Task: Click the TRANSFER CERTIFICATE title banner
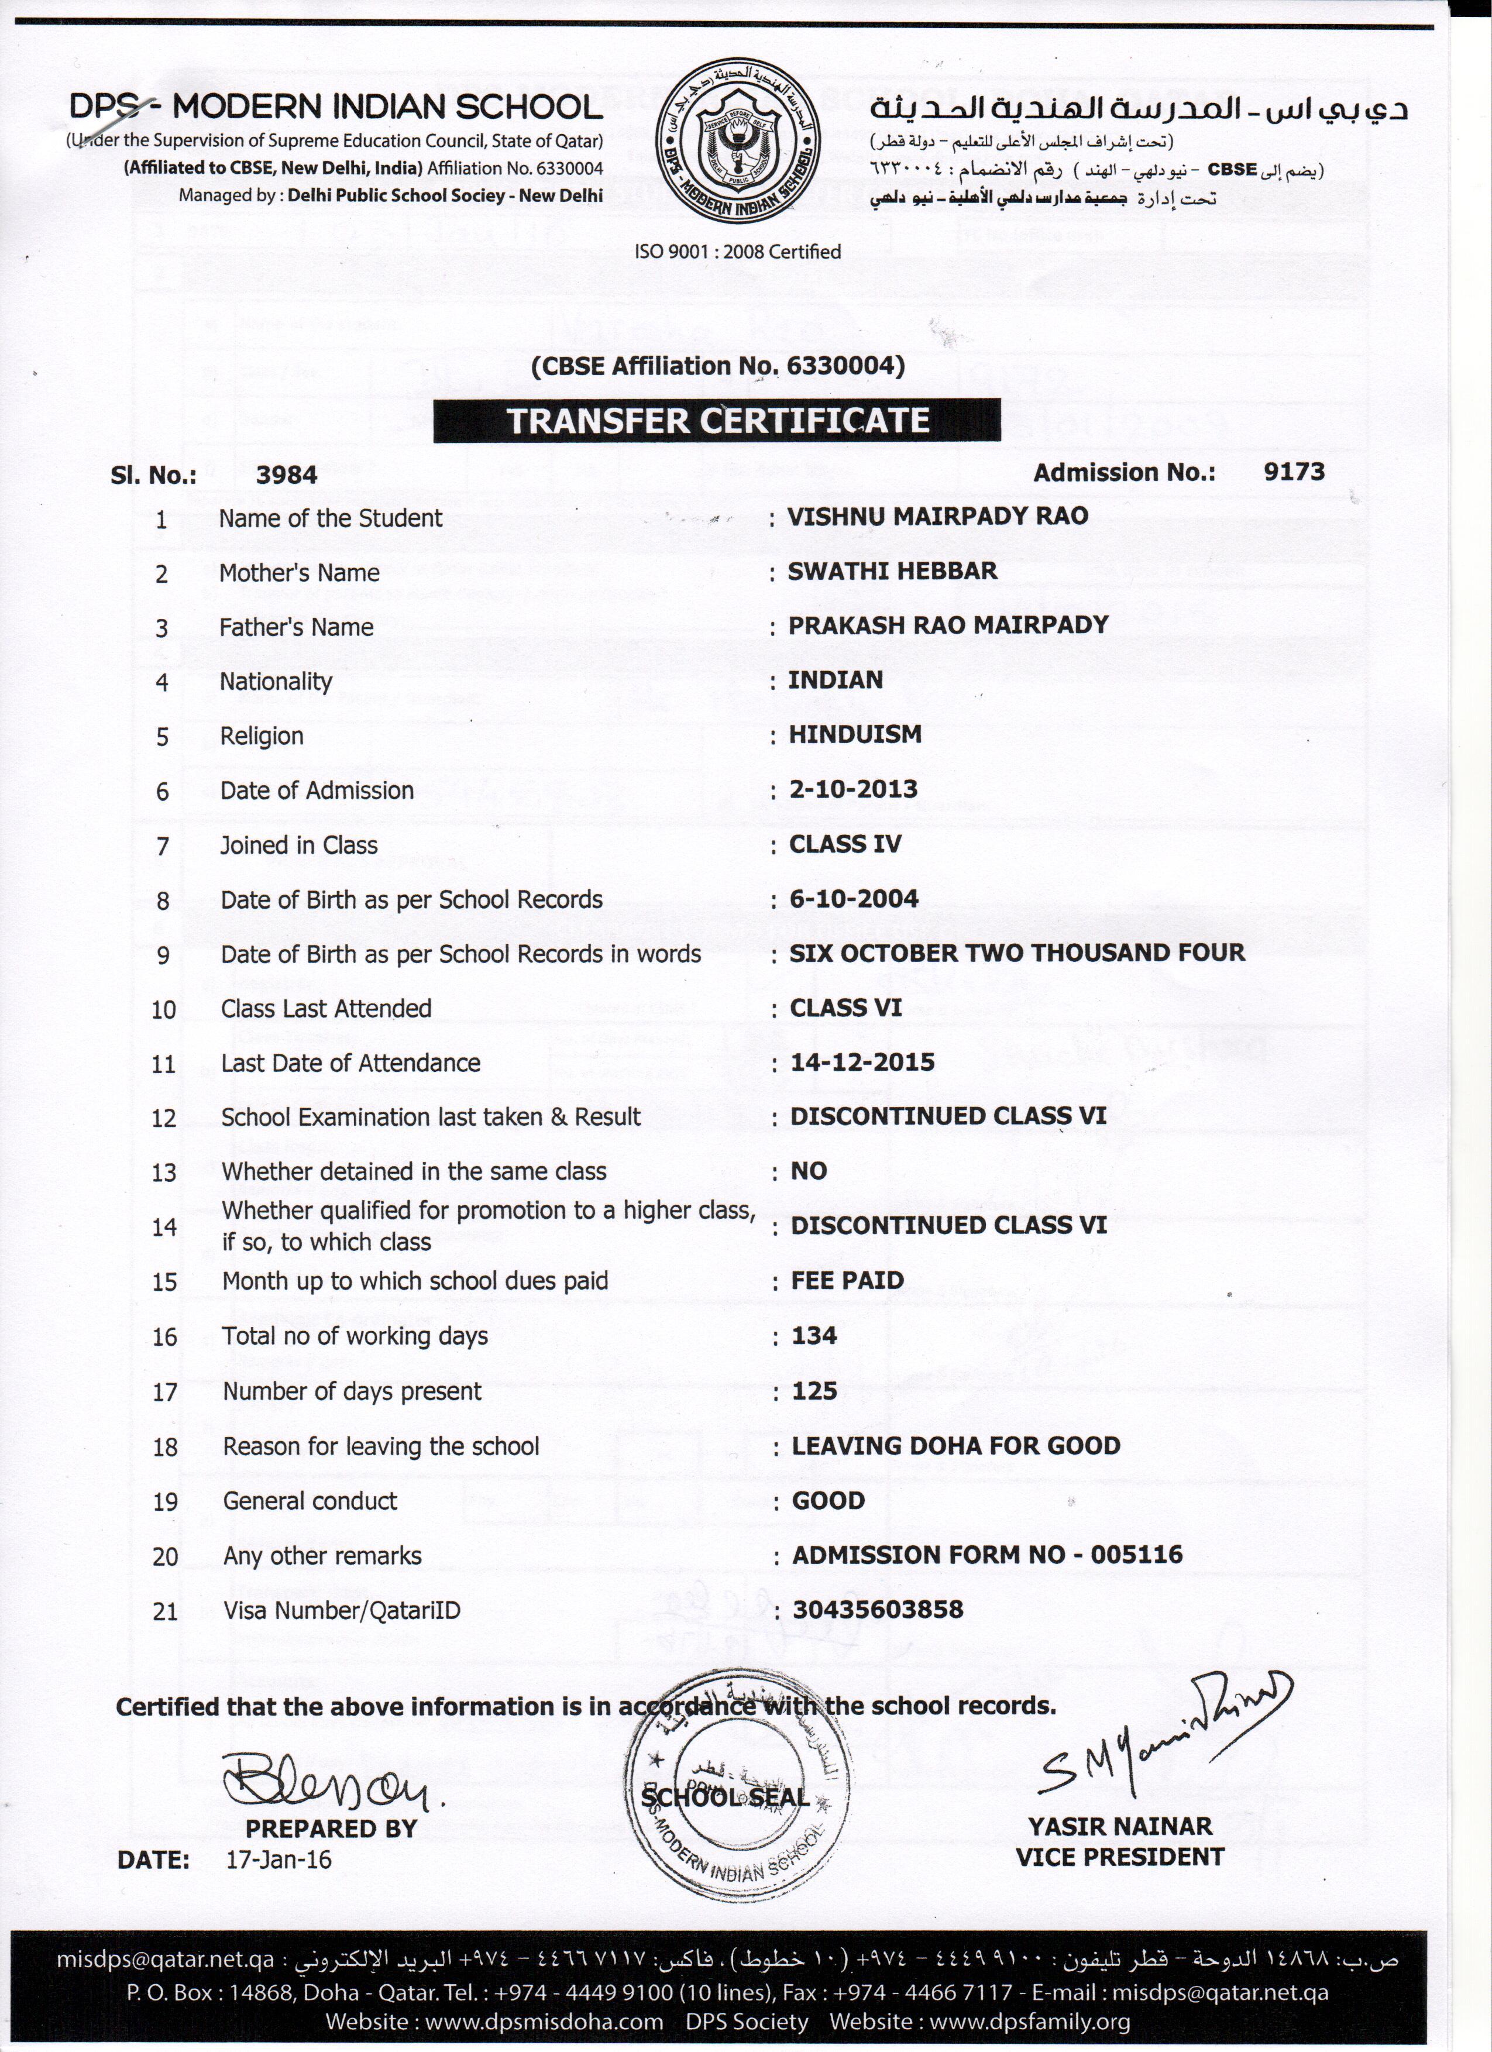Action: click(x=717, y=421)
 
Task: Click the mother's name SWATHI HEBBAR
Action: click(x=892, y=571)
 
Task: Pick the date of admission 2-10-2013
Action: click(x=853, y=789)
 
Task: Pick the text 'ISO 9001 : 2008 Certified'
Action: click(x=737, y=252)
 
